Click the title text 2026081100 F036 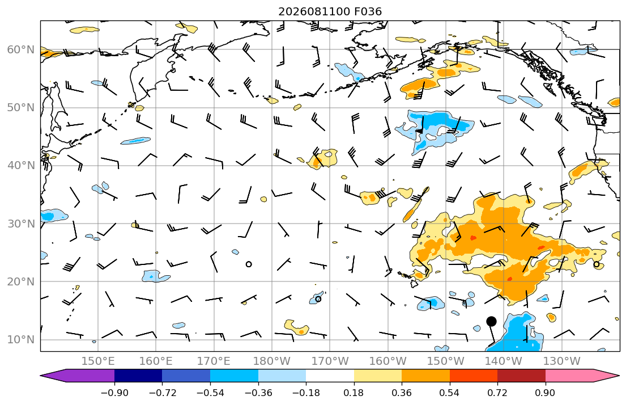[x=330, y=11]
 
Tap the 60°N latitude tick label [x=21, y=49]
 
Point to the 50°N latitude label [x=21, y=108]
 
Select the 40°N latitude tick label [x=21, y=166]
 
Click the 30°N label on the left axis [x=21, y=224]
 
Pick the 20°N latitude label [x=21, y=281]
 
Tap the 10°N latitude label [x=21, y=340]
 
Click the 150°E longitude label [x=98, y=361]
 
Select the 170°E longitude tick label [x=214, y=361]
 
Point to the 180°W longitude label [x=272, y=361]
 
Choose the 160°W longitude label [x=387, y=361]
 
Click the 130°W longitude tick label [x=562, y=361]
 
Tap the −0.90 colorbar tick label [x=114, y=393]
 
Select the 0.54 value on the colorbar [x=450, y=393]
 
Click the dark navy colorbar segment [x=138, y=376]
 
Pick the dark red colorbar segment [x=521, y=376]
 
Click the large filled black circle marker [x=492, y=321]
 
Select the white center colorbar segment [x=330, y=376]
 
